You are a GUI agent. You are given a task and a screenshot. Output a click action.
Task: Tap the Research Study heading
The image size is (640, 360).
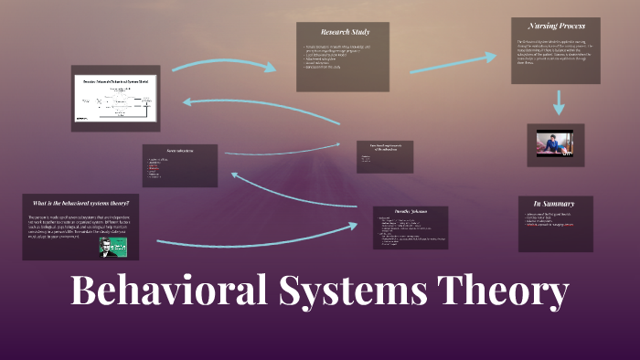coord(343,32)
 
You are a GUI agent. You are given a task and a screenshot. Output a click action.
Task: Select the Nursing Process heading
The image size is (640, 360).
coord(555,26)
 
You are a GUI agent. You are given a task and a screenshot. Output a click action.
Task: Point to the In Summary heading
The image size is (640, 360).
coord(555,203)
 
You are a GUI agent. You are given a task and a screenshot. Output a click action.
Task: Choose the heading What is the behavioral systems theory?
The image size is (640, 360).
coord(80,202)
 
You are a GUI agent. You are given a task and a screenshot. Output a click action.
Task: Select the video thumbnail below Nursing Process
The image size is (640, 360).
coord(555,144)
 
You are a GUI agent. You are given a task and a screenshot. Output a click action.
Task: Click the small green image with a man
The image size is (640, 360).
coord(112,247)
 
